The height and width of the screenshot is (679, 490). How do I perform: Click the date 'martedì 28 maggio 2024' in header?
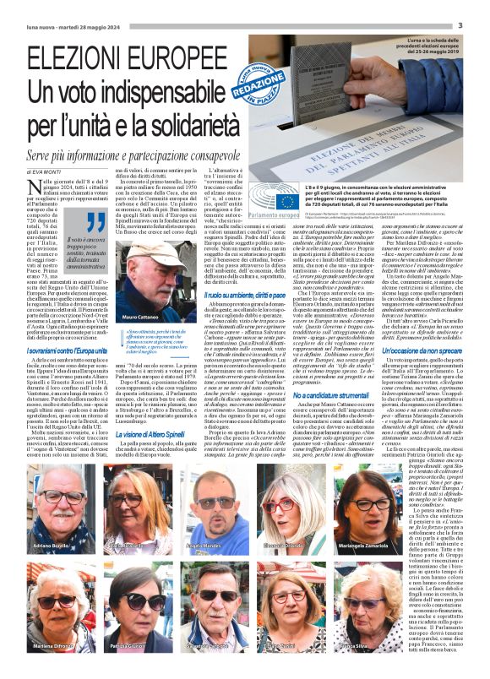(95, 26)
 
